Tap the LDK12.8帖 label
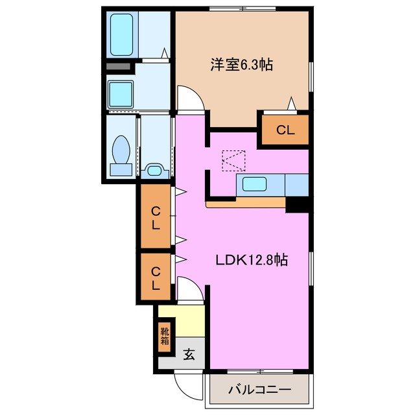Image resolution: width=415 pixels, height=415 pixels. tap(252, 260)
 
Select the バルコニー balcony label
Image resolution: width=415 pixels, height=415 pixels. tap(259, 390)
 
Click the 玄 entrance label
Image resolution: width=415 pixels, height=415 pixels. tap(189, 355)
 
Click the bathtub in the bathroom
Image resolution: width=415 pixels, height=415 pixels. tap(123, 34)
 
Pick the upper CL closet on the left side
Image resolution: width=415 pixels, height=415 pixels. tap(156, 217)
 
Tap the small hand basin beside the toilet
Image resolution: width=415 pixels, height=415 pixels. tap(154, 171)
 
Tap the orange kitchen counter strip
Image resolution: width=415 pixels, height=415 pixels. tap(246, 204)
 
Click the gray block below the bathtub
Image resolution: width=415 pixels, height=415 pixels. tap(119, 67)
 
